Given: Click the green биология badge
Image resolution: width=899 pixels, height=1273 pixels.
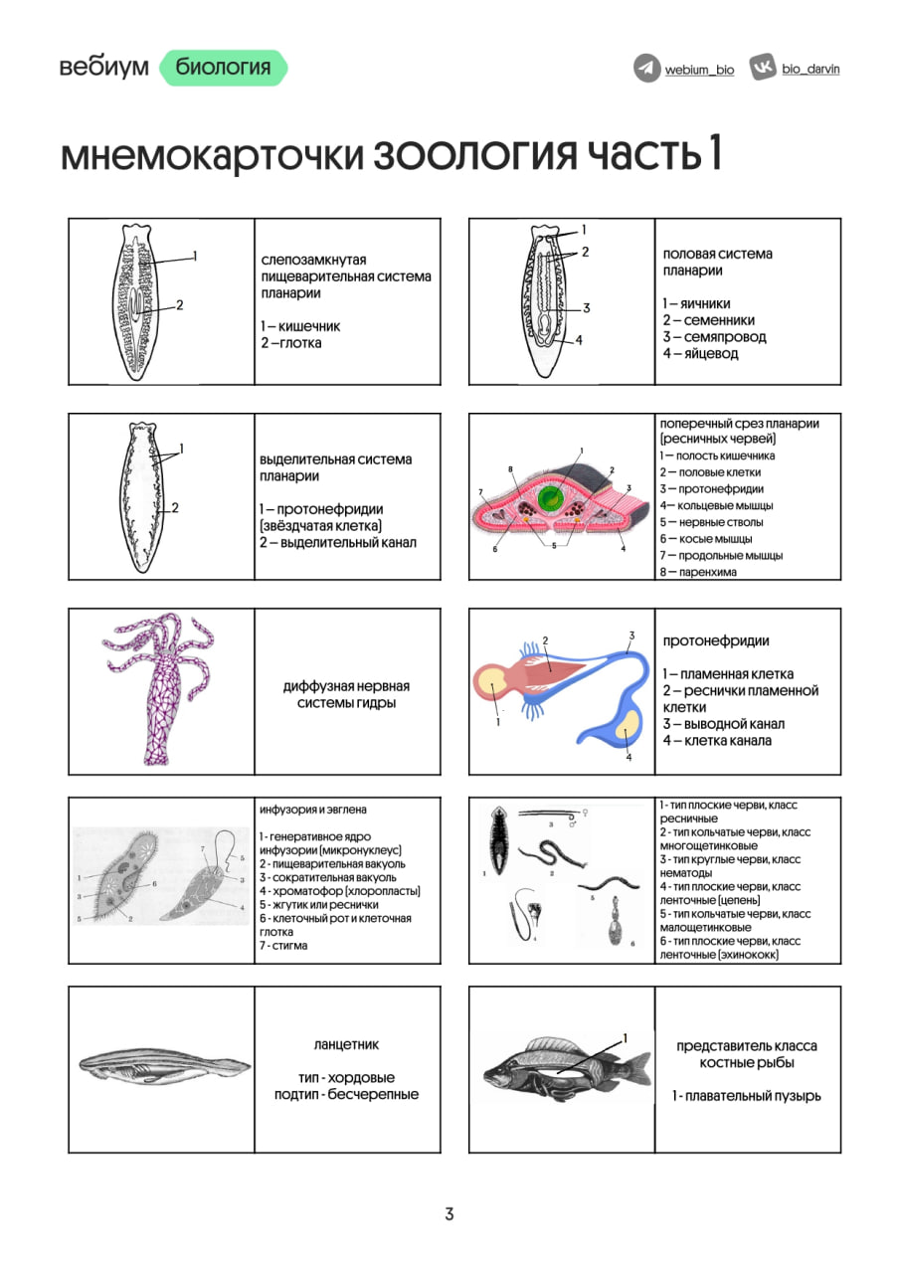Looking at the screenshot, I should tap(223, 68).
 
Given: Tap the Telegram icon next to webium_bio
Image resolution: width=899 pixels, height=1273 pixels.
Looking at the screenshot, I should tap(647, 69).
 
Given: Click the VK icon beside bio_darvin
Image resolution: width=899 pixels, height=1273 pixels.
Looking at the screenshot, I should tap(763, 69).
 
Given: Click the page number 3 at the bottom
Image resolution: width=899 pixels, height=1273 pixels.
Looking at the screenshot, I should tap(449, 1213).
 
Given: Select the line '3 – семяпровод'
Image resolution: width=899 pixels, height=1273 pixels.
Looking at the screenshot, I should tap(714, 336).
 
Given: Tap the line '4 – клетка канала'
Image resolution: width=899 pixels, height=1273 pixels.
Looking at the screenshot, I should tap(717, 740).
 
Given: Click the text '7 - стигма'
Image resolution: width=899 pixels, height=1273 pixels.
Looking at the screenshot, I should tap(283, 946).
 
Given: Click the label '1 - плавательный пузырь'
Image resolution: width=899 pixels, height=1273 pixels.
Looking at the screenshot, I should tap(746, 1096).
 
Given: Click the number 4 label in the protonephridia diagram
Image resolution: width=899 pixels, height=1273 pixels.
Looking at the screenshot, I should tap(629, 757).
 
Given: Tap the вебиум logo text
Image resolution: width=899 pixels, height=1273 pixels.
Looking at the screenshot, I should tap(103, 68).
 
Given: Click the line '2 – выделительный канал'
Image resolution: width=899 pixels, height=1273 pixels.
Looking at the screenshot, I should tap(338, 542).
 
